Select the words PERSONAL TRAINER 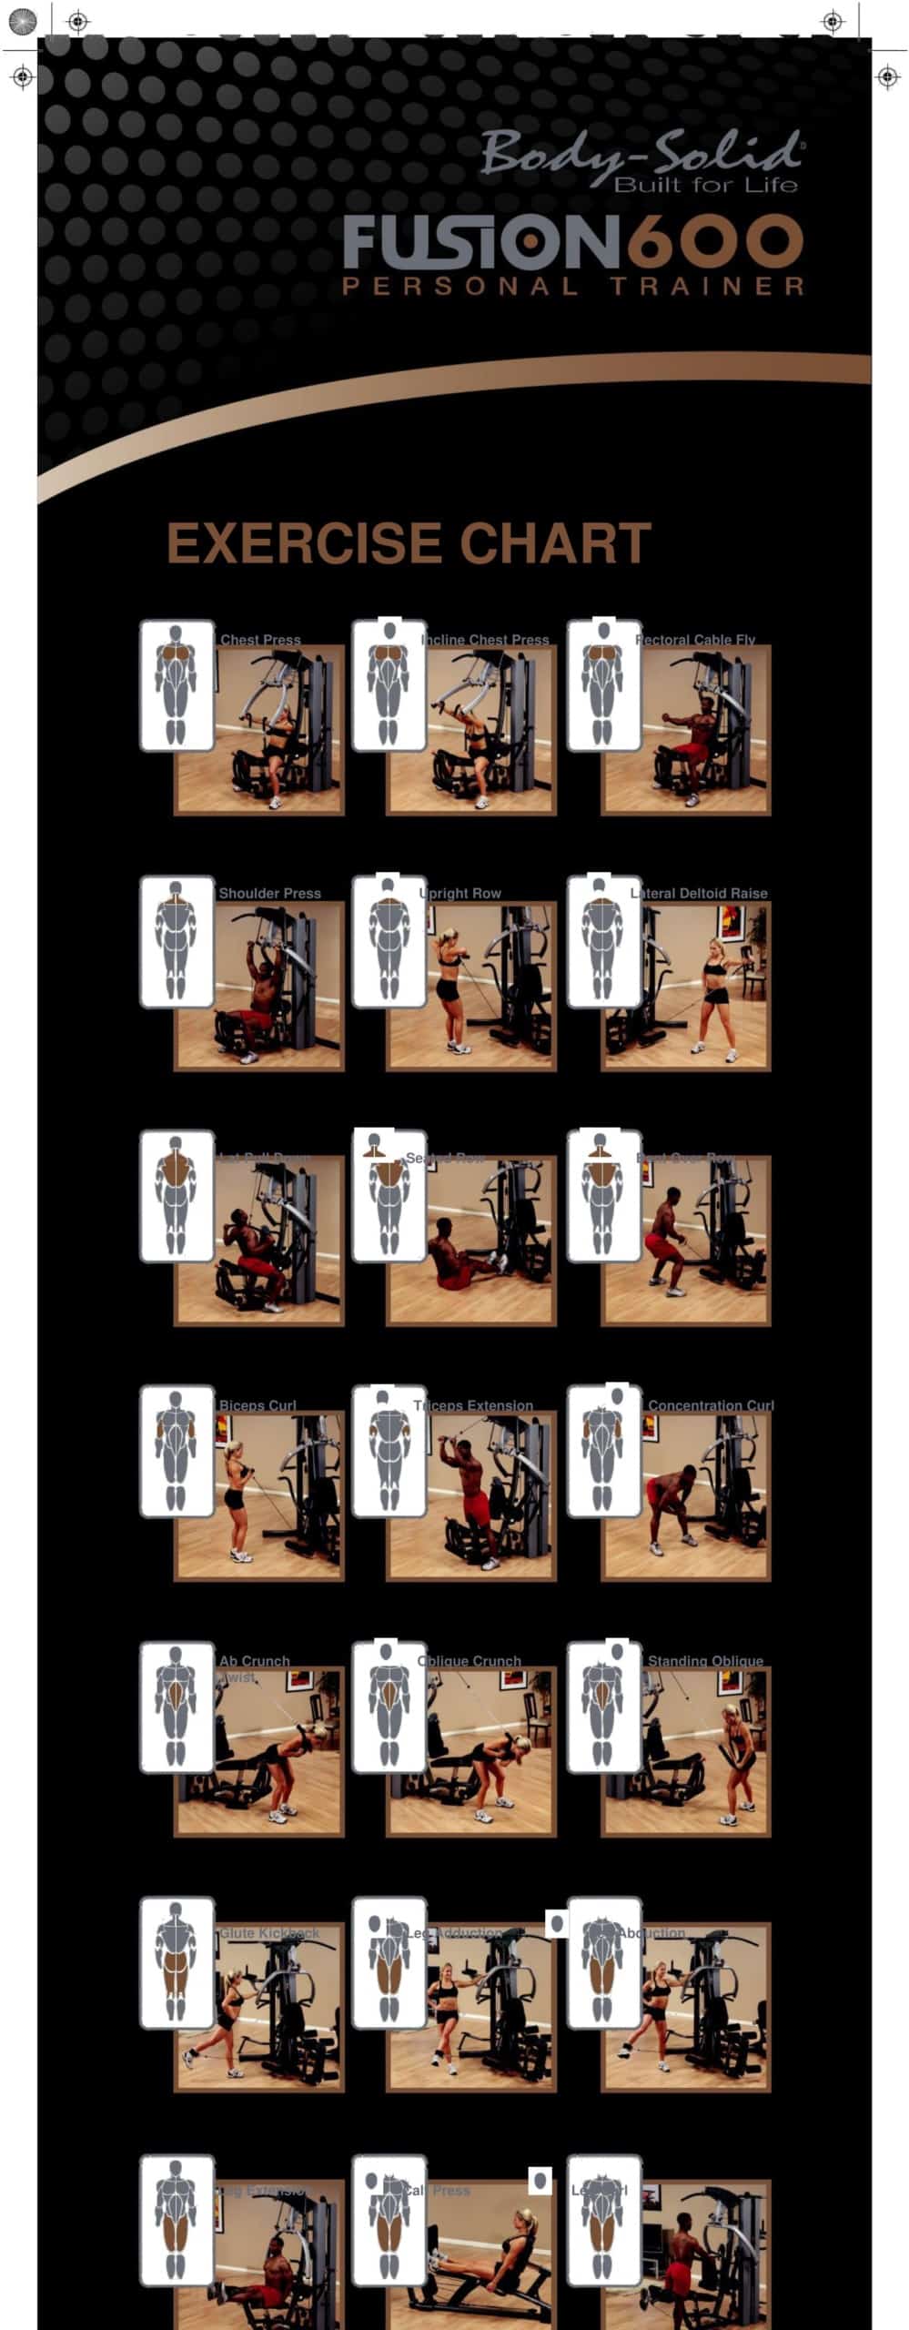click(573, 286)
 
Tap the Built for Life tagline click(706, 186)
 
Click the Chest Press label click(260, 639)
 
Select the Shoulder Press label click(270, 893)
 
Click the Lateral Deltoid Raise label click(701, 893)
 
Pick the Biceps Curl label click(258, 1404)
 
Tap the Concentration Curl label click(711, 1404)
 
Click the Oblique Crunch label click(470, 1660)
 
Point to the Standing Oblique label click(705, 1660)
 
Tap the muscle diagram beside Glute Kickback click(177, 1963)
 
